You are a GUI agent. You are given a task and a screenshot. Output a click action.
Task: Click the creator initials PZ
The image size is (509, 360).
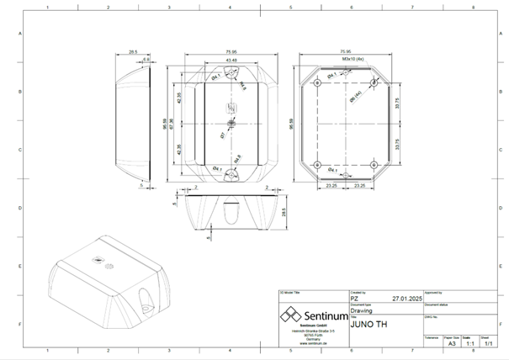click(354, 298)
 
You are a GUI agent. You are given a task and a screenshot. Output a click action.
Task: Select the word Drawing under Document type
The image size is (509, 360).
click(363, 310)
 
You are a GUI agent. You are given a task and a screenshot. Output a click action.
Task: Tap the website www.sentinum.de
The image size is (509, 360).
click(312, 344)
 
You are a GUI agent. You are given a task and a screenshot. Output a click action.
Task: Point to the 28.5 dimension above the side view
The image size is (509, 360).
click(133, 52)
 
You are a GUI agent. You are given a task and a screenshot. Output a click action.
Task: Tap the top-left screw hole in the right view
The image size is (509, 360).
click(316, 84)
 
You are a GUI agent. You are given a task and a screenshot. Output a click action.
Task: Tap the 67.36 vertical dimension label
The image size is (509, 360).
click(172, 123)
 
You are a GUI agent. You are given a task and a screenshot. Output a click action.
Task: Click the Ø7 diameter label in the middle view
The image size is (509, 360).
click(221, 134)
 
